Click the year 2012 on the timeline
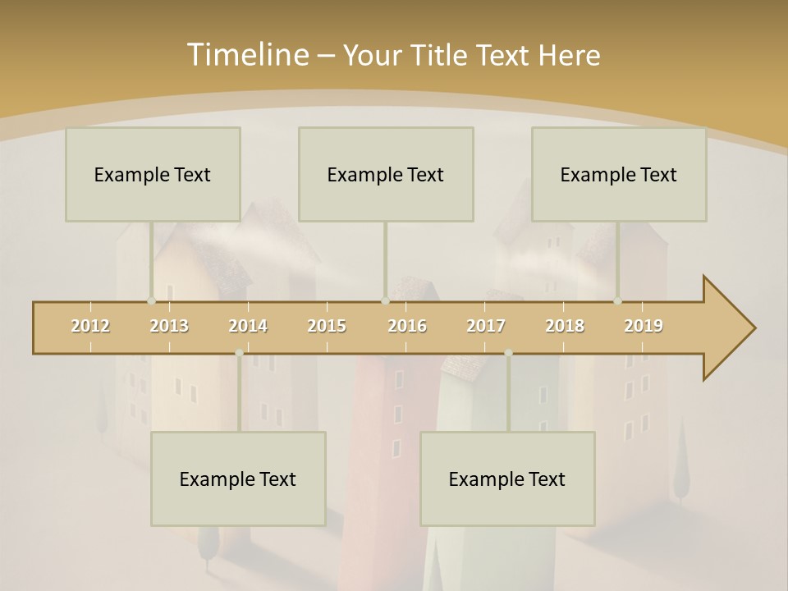tap(90, 326)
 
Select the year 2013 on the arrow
tap(169, 326)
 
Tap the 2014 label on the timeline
tap(248, 326)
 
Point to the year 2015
tap(327, 326)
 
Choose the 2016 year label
tap(407, 326)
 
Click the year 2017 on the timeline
tap(486, 326)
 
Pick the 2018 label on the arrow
tap(565, 326)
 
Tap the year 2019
tap(644, 326)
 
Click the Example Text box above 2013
tap(153, 174)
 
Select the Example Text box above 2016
tap(386, 174)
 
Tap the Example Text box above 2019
tap(619, 174)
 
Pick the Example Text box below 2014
tap(238, 479)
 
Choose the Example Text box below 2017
tap(507, 479)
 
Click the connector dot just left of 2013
tap(151, 301)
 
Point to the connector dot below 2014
tap(239, 353)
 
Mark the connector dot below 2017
tap(508, 353)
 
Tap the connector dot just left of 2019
tap(617, 301)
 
